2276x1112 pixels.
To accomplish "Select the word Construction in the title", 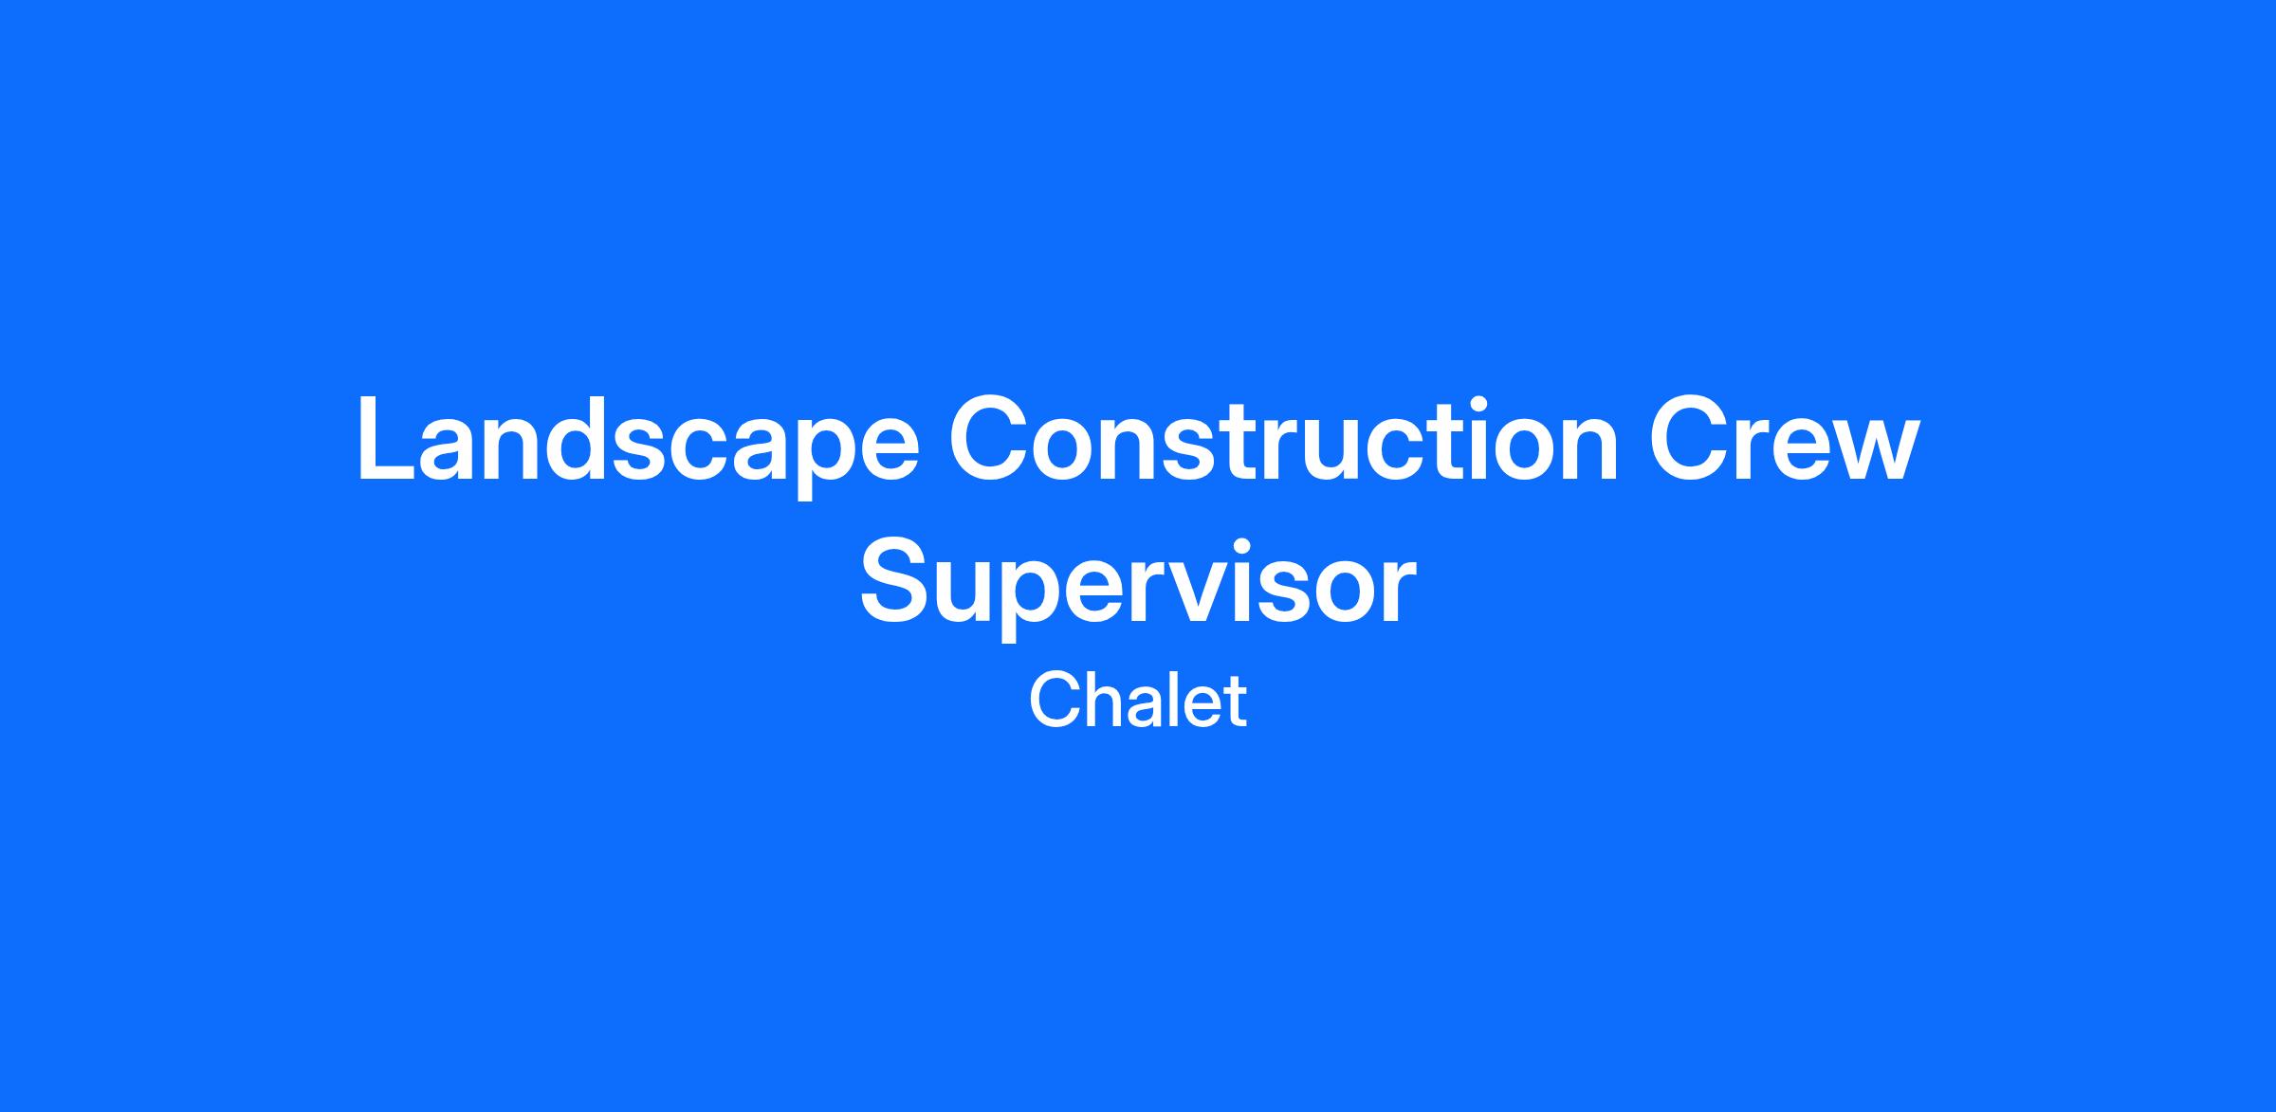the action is click(x=1284, y=439).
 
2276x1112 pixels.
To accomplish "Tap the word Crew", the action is click(x=1784, y=439).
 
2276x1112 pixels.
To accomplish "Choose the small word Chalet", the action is click(x=1138, y=701).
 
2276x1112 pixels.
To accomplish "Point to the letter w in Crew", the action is click(x=1872, y=451).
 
